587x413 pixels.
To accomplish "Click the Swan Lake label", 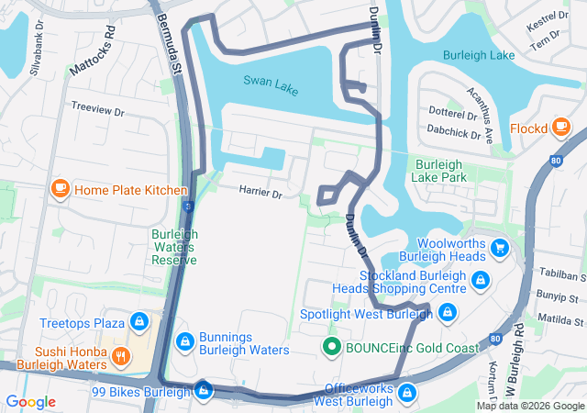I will (271, 80).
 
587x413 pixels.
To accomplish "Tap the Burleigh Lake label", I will (479, 56).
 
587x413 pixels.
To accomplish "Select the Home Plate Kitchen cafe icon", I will (61, 189).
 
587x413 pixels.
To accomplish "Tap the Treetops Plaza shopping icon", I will (139, 322).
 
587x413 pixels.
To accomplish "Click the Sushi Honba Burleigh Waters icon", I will (122, 355).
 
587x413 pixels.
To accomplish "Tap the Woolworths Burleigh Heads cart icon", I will (500, 247).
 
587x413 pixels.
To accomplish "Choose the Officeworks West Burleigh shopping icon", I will (406, 393).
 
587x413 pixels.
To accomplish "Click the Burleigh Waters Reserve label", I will (174, 247).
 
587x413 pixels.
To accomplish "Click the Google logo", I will (31, 402).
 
